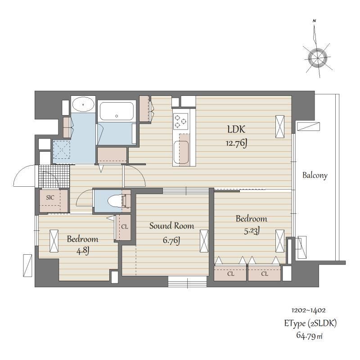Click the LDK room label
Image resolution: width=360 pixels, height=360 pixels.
pos(236,130)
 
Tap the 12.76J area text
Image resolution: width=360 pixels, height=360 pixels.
pos(236,144)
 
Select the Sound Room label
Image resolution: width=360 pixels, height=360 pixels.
pos(171,226)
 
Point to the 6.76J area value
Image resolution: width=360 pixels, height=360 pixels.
pos(171,240)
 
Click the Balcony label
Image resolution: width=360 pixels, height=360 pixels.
pos(315,175)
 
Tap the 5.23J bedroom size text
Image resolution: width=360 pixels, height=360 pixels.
pos(252,231)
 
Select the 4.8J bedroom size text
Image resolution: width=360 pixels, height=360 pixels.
pos(83,251)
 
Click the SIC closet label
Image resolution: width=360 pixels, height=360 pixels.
pos(50,198)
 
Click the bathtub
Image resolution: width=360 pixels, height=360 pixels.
pos(117,111)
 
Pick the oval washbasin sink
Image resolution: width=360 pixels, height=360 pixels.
pos(83,104)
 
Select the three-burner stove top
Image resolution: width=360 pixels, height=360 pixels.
pos(181,121)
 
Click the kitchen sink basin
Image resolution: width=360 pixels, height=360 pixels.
pos(181,152)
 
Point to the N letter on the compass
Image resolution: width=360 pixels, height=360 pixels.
pos(314,21)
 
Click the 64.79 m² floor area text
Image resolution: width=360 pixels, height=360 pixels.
pos(309,335)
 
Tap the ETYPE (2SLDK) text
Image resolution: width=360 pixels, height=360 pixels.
pos(310,323)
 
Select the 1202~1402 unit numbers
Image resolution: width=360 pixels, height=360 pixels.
pos(308,310)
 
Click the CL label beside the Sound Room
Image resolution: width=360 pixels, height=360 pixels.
pos(125,227)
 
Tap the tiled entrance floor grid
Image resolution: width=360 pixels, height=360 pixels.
pos(54,176)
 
